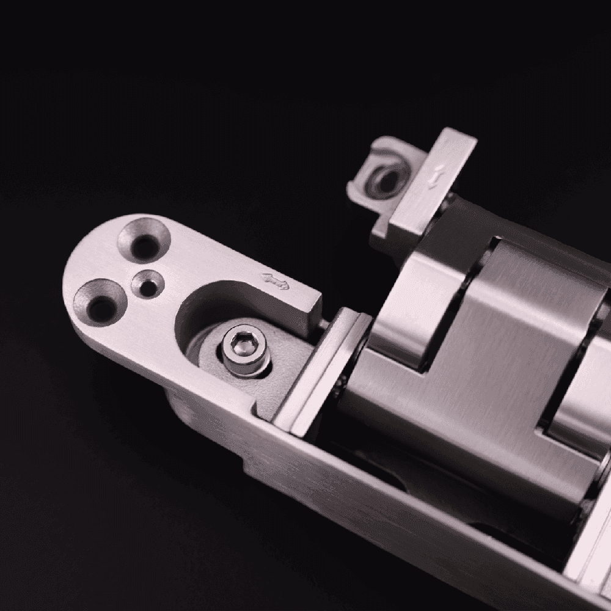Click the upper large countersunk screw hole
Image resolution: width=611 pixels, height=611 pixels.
143,241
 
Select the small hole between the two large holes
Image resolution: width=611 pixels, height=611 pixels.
147,284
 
